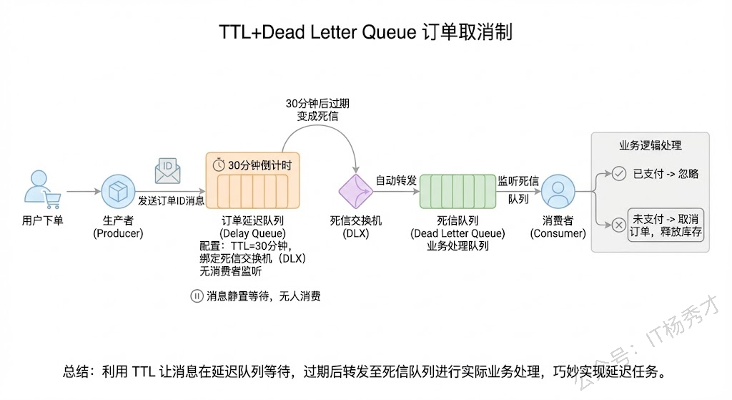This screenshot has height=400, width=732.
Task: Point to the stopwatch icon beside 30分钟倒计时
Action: click(219, 164)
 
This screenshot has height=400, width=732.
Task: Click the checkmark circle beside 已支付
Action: click(619, 173)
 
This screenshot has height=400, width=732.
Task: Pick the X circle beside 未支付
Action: click(619, 224)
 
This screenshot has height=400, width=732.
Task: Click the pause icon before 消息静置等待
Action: click(197, 296)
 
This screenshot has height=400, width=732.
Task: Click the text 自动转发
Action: click(396, 181)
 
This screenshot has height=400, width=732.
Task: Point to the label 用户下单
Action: click(43, 220)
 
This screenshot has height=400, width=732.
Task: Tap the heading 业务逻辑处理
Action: click(650, 145)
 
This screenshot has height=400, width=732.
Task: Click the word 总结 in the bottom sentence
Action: click(74, 372)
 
